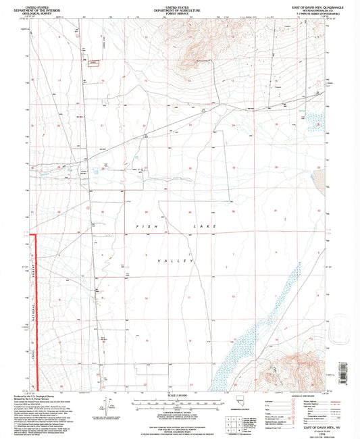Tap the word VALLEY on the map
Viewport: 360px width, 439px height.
tap(175, 260)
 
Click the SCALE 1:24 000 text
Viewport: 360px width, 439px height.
tap(179, 394)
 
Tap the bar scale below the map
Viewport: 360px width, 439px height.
tap(179, 402)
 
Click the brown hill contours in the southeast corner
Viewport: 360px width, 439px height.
tap(297, 368)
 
